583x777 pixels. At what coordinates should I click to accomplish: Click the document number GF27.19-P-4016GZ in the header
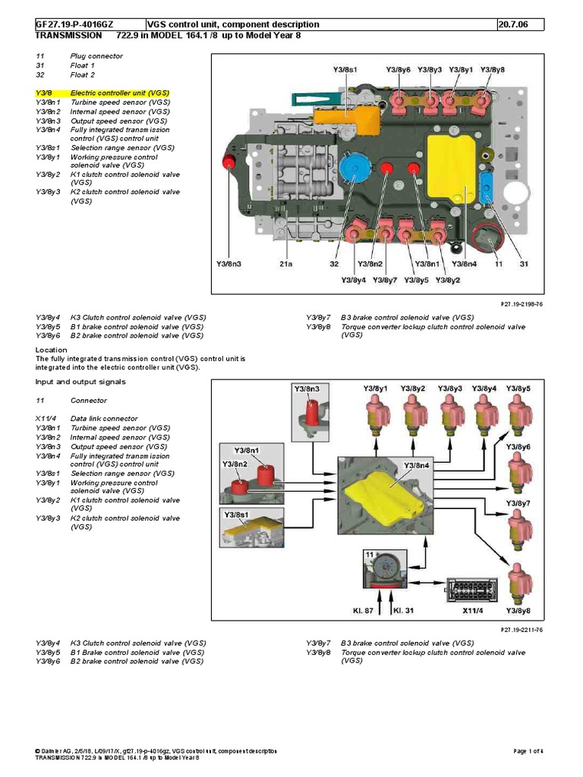pos(74,24)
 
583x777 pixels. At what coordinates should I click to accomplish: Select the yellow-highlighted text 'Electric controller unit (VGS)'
pos(120,93)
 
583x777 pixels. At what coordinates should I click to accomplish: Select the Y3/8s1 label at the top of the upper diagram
pos(345,70)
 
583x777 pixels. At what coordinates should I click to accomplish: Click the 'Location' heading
pos(52,349)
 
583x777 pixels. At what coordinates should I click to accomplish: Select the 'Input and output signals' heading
pos(80,382)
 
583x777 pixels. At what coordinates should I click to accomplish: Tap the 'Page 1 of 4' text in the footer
pos(529,751)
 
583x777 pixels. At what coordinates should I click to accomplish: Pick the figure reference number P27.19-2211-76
pos(521,630)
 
